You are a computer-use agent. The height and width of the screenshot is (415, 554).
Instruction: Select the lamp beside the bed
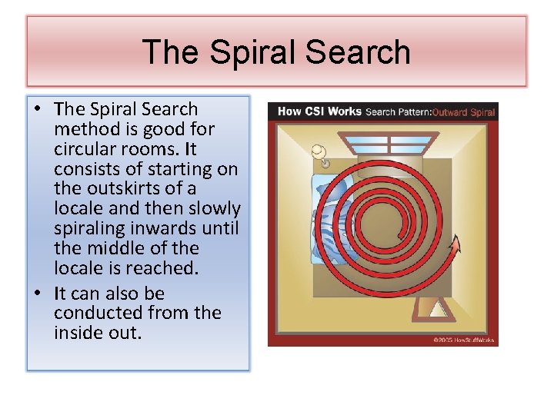(319, 154)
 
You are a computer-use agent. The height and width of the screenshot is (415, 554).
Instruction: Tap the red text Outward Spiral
(463, 112)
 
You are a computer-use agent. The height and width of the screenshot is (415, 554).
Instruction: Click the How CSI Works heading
(319, 111)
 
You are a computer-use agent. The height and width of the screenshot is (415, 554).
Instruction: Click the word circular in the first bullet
(85, 149)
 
